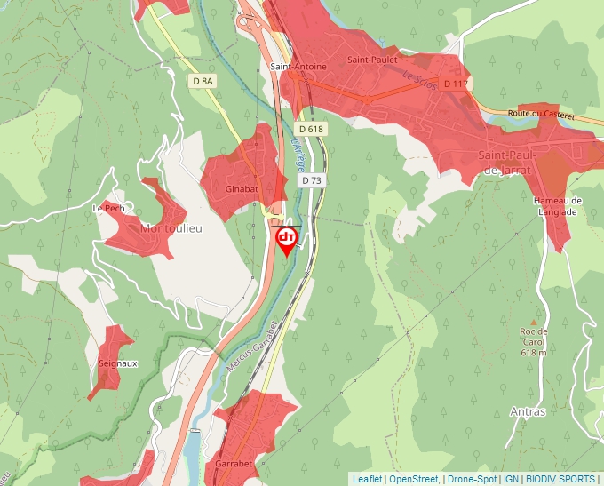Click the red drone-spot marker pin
coord(287,241)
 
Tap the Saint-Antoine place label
coord(298,67)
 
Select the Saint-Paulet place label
coord(371,60)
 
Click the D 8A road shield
coord(203,81)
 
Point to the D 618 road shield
coord(312,129)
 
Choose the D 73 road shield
coord(311,180)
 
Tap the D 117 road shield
coord(455,84)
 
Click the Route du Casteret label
coord(542,115)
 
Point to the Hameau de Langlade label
coord(557,207)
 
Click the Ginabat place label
coord(241,190)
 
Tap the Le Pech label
coord(108,209)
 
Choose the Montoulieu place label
coord(171,228)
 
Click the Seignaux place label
coord(118,363)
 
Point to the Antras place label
coord(528,412)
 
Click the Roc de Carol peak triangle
coord(534,323)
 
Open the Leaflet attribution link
coord(367,479)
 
